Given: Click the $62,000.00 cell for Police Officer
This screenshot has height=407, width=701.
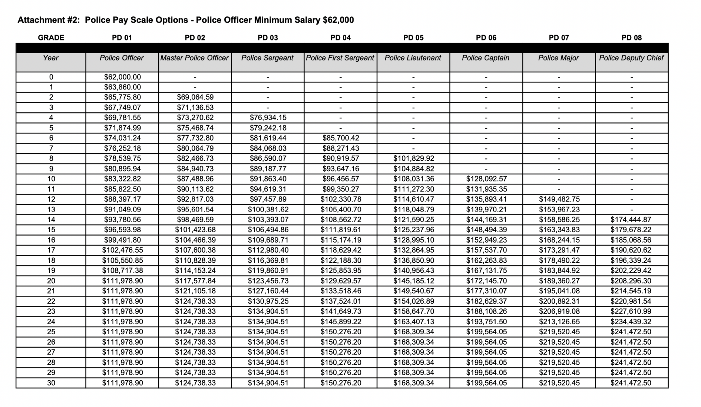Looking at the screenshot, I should [x=122, y=77].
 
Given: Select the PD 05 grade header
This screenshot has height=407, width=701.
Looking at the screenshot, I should [x=413, y=38].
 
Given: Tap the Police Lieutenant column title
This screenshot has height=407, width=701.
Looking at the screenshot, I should [x=413, y=58].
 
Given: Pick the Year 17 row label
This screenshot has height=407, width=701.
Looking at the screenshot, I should [x=51, y=250].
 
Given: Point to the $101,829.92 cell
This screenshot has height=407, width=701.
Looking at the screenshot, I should [x=413, y=158].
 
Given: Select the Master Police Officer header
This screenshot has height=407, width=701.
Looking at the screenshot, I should [x=195, y=58].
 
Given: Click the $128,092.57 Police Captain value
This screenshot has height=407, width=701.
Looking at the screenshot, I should [x=486, y=179].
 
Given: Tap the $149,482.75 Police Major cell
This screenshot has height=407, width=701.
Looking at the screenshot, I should [x=559, y=199].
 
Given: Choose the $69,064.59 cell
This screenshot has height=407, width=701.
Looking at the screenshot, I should [x=195, y=97].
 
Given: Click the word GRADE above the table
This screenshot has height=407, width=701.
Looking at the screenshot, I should [x=51, y=38].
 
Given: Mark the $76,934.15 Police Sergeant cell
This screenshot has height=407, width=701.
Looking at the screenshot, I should [x=268, y=118].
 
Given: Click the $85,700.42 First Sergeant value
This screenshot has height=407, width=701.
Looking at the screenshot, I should [x=340, y=138].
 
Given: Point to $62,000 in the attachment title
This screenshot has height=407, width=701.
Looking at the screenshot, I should [x=338, y=20].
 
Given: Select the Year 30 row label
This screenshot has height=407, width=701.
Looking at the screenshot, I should [x=51, y=383].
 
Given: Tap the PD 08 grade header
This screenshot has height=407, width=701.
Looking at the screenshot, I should [x=631, y=38].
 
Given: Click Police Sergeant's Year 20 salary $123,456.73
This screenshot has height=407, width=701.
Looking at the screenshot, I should [x=268, y=281].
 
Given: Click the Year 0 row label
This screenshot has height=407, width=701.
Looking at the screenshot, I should [x=51, y=77].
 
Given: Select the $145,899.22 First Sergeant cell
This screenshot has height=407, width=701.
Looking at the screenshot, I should [x=340, y=322].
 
